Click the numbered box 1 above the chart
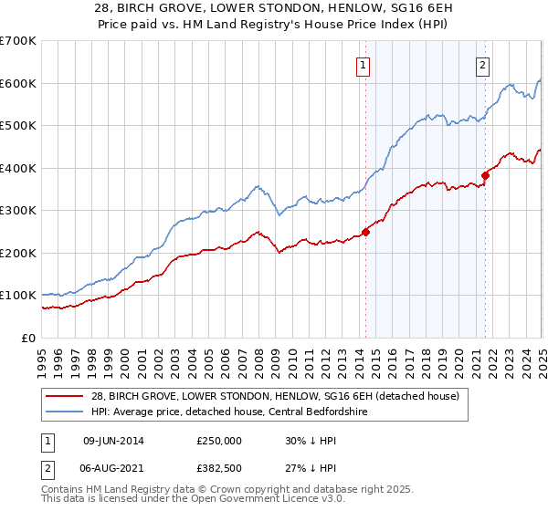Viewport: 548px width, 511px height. click(x=364, y=65)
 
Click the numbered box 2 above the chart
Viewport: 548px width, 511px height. click(x=481, y=65)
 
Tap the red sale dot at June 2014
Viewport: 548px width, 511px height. click(x=365, y=232)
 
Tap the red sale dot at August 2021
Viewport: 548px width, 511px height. click(x=485, y=175)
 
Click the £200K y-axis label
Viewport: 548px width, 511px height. click(x=19, y=253)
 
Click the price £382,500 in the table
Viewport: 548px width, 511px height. click(x=219, y=468)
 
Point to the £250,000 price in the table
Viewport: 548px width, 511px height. click(x=219, y=440)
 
